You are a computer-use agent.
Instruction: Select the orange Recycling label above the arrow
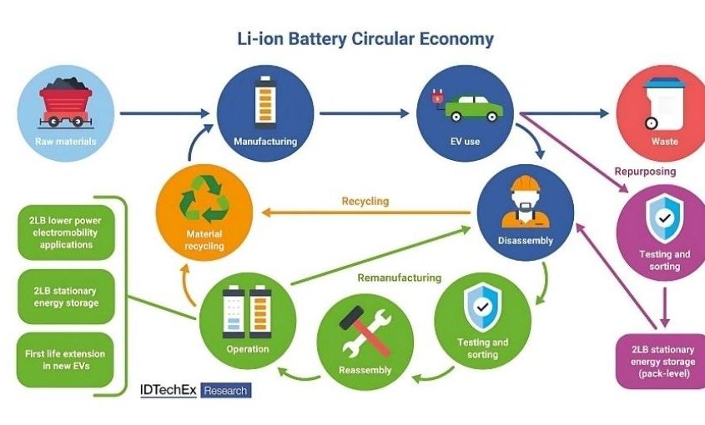point(365,201)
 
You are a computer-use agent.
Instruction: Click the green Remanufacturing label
point(400,277)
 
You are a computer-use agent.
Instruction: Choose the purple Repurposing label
point(645,171)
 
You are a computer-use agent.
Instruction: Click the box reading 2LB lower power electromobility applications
point(64,232)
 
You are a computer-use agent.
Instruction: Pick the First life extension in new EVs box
point(64,360)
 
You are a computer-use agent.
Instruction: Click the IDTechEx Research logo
point(194,390)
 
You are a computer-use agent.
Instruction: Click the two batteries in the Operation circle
point(246,311)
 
